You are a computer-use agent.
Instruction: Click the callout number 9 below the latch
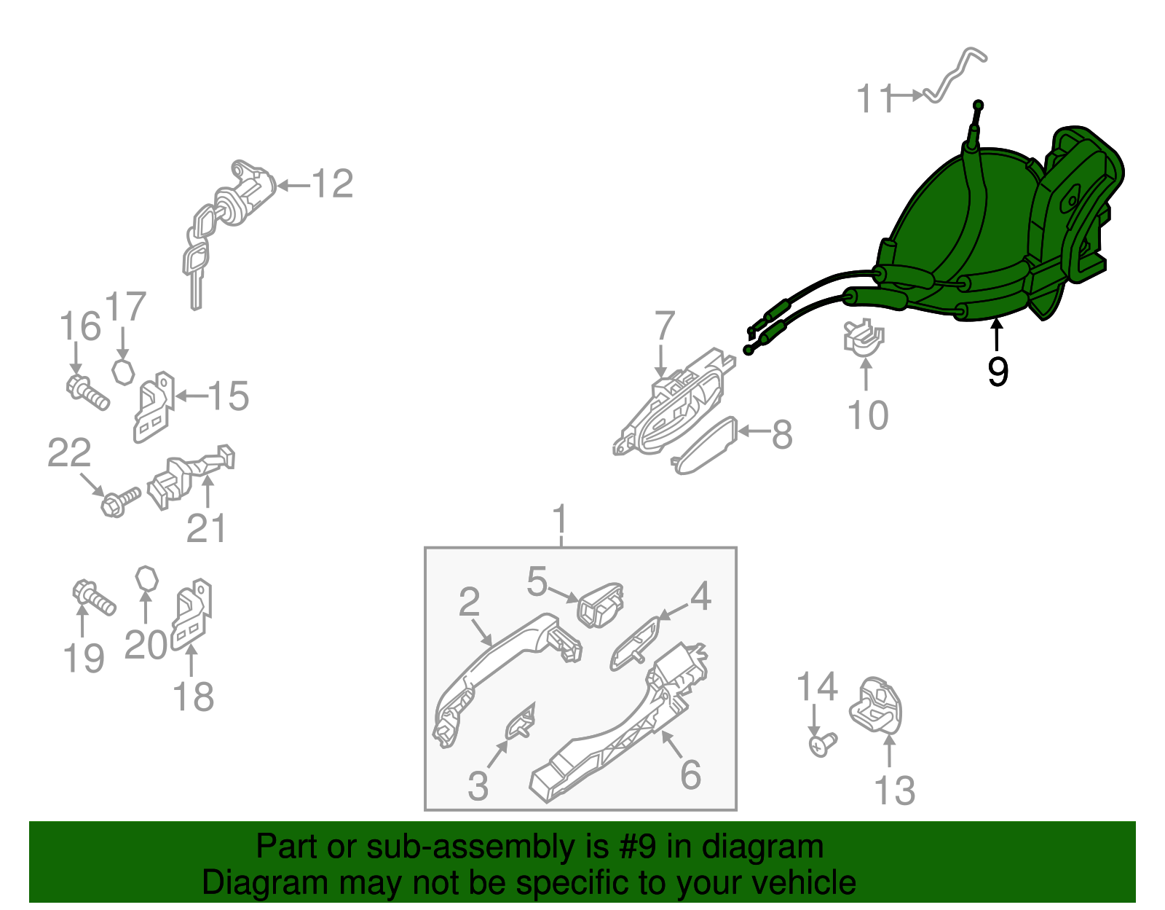(998, 371)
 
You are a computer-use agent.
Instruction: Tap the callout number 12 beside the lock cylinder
(333, 184)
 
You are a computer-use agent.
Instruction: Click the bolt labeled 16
(87, 393)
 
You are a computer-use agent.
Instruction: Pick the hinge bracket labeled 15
(154, 407)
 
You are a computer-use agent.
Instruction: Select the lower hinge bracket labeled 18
(191, 614)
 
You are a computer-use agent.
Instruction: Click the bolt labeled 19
(94, 598)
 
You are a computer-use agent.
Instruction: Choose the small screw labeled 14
(822, 745)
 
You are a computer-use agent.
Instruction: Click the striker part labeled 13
(875, 705)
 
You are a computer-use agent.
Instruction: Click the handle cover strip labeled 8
(705, 446)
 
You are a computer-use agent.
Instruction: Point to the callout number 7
(665, 326)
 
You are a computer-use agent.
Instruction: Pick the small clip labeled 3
(520, 722)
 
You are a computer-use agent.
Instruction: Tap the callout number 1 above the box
(560, 518)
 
